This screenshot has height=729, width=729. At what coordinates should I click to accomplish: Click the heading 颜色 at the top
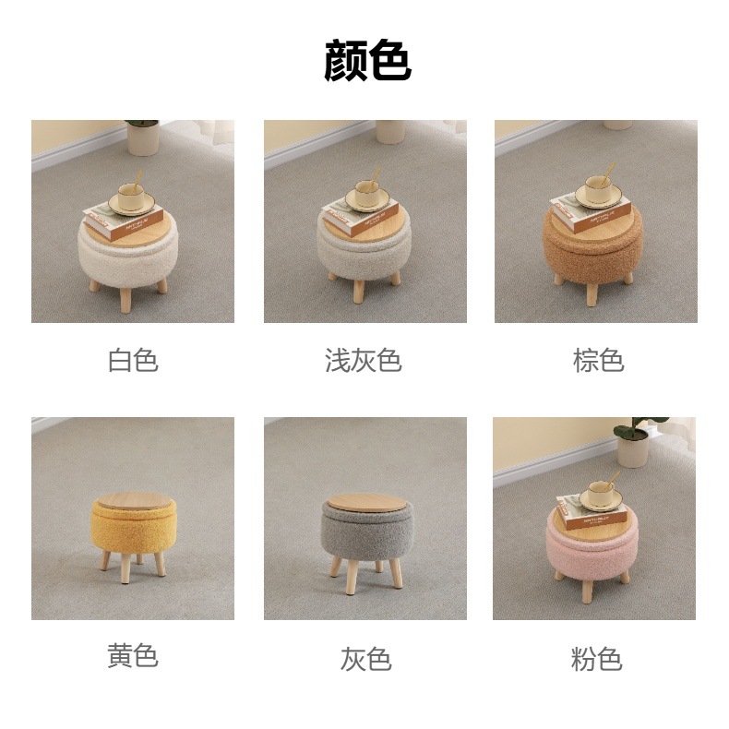(367, 60)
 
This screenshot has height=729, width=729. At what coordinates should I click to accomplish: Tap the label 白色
(133, 360)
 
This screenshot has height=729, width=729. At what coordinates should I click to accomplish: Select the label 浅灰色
(364, 360)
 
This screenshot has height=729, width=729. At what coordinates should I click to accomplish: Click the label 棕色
(598, 360)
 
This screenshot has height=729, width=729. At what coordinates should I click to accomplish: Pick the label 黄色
(133, 656)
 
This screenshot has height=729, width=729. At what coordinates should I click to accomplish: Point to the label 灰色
(366, 659)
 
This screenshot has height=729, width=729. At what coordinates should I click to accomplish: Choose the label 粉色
(596, 659)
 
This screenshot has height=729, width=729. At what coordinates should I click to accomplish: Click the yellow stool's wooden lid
(135, 501)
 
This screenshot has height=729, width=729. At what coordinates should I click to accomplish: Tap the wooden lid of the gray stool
(367, 503)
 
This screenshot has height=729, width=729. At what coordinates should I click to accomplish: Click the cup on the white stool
(131, 197)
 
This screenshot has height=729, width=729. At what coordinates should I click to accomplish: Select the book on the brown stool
(591, 212)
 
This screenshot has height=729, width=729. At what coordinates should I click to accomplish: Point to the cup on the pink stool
(601, 494)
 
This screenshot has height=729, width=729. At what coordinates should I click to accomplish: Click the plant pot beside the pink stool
(633, 450)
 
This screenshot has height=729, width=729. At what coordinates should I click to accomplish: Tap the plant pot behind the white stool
(143, 138)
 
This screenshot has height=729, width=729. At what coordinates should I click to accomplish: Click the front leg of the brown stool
(592, 293)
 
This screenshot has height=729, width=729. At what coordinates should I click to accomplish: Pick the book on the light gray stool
(361, 217)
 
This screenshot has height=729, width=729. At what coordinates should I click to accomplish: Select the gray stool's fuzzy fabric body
(367, 533)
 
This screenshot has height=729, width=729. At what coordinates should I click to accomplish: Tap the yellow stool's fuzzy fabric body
(134, 529)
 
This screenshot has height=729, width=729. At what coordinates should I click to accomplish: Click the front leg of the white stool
(125, 300)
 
